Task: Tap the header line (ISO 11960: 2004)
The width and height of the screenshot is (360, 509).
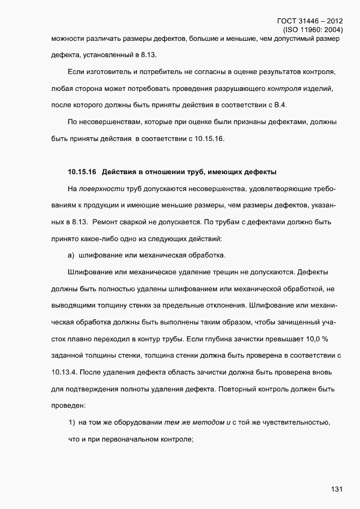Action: click(313, 30)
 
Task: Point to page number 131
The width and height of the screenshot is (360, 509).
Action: click(336, 489)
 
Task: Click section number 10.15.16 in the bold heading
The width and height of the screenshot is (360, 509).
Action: click(82, 173)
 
